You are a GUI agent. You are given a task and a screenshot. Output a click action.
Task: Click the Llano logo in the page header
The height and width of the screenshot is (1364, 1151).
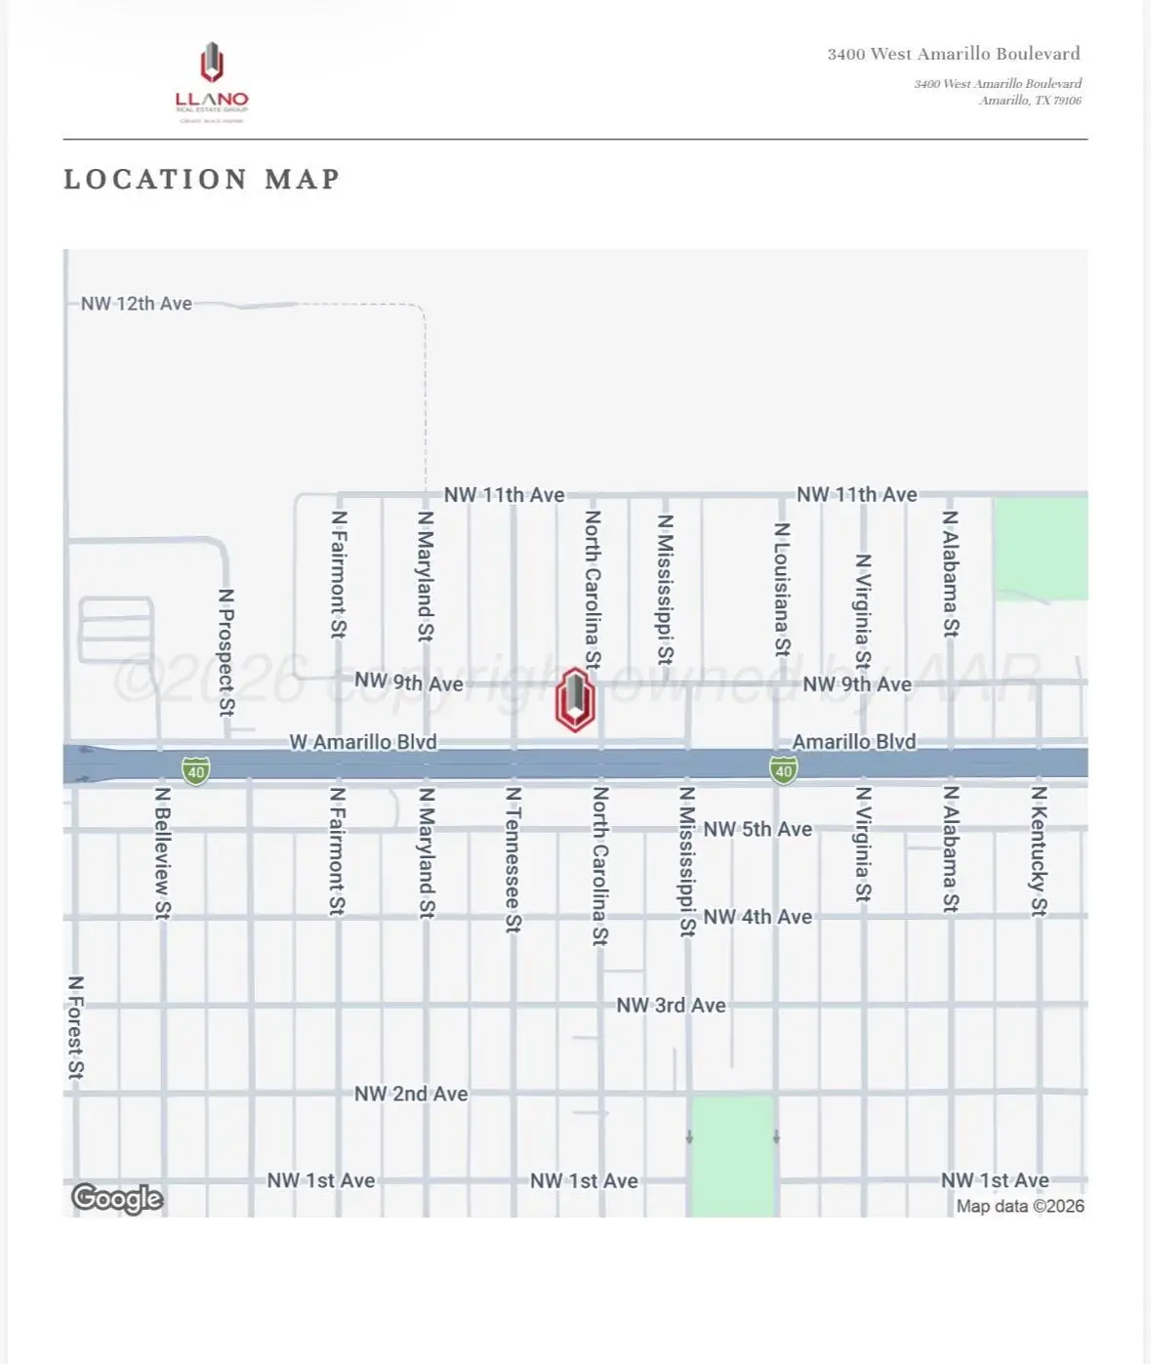coord(212,82)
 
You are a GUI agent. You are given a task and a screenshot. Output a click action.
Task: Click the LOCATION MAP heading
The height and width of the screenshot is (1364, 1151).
coord(202,180)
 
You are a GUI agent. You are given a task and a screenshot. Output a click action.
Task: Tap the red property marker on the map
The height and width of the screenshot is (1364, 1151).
coord(575,700)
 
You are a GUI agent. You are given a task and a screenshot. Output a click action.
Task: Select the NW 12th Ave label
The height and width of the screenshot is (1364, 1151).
coord(136,304)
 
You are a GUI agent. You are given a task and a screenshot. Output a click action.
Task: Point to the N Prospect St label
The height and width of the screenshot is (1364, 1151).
coord(226,651)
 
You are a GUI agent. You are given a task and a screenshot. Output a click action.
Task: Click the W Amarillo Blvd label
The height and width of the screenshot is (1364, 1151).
coord(363,742)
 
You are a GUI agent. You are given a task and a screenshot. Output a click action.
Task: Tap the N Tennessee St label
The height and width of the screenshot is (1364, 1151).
coord(513,859)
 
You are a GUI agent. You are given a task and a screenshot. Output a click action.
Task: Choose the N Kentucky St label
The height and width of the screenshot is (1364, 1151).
coord(1039,851)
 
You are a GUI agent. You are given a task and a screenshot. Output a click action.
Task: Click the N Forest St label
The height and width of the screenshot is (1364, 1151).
coord(76,1027)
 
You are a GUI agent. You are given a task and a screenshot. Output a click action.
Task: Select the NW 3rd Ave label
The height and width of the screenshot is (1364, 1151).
coord(671,1006)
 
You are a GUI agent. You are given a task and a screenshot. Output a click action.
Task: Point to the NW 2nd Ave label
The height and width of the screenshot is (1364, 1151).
coord(411,1094)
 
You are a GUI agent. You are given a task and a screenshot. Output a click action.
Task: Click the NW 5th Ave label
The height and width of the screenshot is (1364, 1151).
coord(758,829)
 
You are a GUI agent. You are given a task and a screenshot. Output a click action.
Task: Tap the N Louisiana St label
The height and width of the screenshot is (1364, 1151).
coord(782,589)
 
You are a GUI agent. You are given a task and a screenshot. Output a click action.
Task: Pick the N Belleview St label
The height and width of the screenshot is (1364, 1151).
coord(163,852)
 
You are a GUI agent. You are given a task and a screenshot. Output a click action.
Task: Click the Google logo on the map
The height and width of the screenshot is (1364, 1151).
coord(117,1198)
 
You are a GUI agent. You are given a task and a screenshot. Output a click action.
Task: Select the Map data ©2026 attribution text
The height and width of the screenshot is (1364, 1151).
coord(1020,1206)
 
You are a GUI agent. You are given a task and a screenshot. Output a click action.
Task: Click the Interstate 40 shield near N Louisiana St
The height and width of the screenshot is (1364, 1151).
coord(783,770)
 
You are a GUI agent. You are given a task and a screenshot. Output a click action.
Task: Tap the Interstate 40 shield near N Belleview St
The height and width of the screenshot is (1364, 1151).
coord(196,771)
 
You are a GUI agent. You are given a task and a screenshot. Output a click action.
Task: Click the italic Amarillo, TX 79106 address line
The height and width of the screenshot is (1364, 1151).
coord(1030,101)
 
